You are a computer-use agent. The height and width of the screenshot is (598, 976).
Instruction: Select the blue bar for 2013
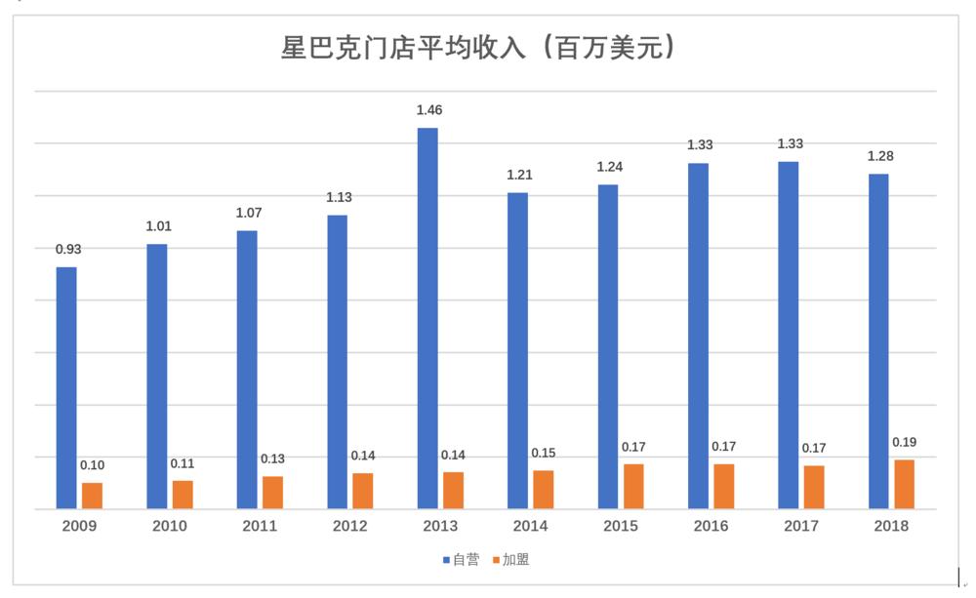(x=427, y=318)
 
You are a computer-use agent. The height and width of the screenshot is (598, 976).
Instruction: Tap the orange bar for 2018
(x=904, y=484)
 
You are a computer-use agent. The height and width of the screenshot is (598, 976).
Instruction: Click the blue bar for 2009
(x=66, y=387)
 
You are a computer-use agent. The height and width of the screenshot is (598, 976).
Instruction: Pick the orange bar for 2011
(x=272, y=493)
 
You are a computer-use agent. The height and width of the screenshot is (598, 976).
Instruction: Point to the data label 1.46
(x=429, y=110)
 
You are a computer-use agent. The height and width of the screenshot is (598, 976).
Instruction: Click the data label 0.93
(x=67, y=250)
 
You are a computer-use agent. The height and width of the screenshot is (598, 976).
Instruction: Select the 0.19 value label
(x=904, y=442)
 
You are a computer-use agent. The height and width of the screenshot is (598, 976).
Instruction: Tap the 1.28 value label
(x=880, y=156)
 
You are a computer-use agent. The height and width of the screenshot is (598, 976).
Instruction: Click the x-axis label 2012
(x=349, y=526)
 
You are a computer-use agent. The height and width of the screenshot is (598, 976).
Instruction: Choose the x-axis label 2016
(x=711, y=526)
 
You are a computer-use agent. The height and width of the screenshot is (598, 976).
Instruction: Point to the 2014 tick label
(x=530, y=526)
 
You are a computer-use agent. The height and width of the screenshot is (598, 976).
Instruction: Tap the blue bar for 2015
(x=608, y=346)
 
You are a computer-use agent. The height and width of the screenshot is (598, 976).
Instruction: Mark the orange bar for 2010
(x=183, y=495)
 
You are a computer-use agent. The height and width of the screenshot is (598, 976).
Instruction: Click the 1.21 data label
(x=519, y=176)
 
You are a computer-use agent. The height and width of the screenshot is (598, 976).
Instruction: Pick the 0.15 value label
(x=544, y=453)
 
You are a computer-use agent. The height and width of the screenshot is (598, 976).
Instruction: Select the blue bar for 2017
(x=789, y=335)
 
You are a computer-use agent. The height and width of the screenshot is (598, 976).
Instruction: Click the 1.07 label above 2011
(x=249, y=213)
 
